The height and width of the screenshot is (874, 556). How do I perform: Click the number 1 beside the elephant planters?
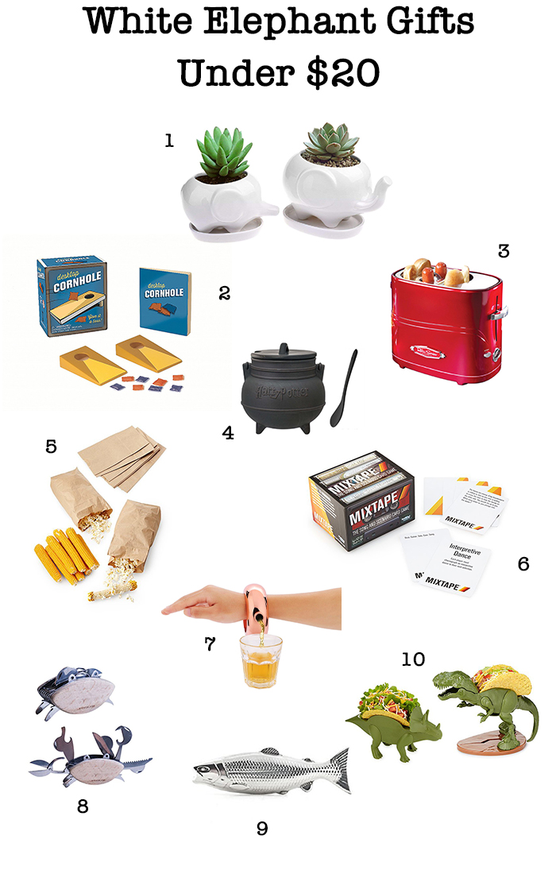point(168,141)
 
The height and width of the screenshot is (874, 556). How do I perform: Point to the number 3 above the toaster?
point(503,251)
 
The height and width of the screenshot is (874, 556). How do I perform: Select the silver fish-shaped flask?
point(270,769)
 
